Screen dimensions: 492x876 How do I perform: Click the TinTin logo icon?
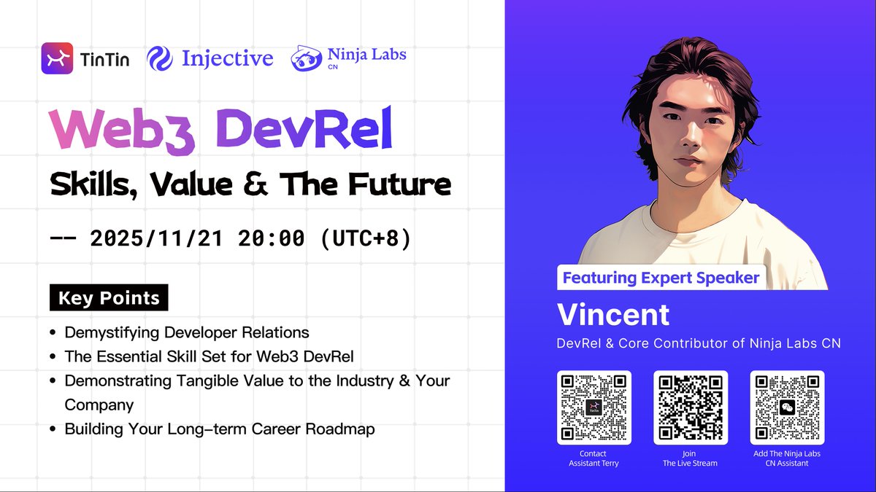coord(57,58)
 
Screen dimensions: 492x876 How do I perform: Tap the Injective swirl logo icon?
coord(159,58)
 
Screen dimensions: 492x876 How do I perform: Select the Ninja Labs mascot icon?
coord(306,59)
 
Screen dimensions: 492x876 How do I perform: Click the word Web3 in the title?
coord(123,131)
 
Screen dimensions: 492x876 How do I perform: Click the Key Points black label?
coord(109,298)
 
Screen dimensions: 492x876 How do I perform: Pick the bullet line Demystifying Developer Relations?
coord(187,332)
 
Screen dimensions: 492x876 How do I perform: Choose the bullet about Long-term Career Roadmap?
coord(219,429)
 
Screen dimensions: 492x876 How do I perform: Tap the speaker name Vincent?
coord(613,315)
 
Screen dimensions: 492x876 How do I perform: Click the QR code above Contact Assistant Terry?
coord(593,407)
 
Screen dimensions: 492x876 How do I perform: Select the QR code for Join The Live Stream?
coord(690,407)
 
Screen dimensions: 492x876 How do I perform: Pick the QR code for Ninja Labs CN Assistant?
coord(787,407)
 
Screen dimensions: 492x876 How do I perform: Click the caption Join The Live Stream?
coord(690,458)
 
